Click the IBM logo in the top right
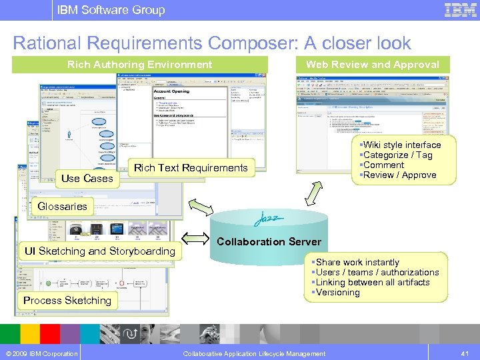[460, 10]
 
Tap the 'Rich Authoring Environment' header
[139, 65]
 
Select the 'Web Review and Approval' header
[372, 65]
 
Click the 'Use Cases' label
[87, 179]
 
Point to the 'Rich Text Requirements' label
[191, 168]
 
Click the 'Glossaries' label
[62, 207]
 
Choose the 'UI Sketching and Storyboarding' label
[99, 251]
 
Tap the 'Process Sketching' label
[67, 301]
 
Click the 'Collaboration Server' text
[269, 242]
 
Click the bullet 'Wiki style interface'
[401, 145]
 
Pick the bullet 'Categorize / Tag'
[397, 155]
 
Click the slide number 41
[465, 353]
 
